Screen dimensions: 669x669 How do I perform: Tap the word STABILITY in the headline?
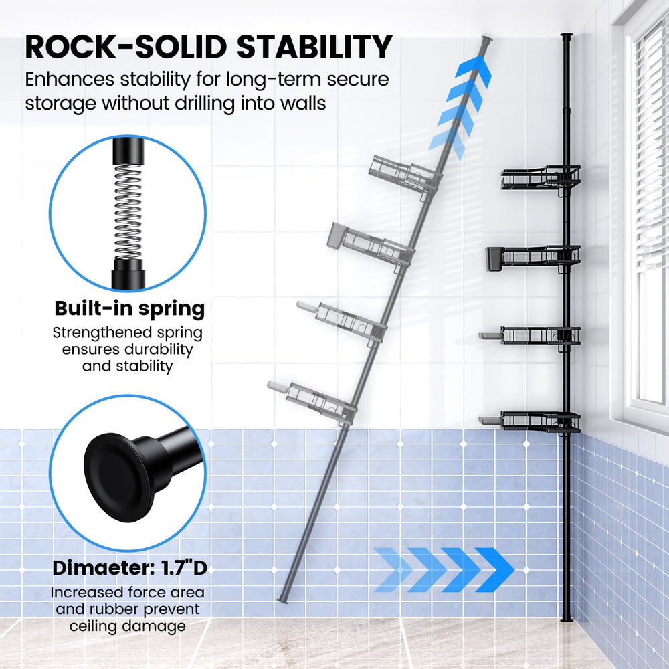point(314,47)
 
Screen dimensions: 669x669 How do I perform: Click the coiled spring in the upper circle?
point(128,211)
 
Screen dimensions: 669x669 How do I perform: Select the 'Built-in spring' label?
point(130,309)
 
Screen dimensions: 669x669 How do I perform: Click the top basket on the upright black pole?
point(541,177)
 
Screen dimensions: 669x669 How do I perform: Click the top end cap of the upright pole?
point(566,35)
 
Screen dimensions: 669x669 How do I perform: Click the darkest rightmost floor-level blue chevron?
point(495,569)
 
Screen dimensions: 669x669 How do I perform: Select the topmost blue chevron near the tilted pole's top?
point(474,72)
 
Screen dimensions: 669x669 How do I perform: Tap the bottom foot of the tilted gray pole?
point(283,600)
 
